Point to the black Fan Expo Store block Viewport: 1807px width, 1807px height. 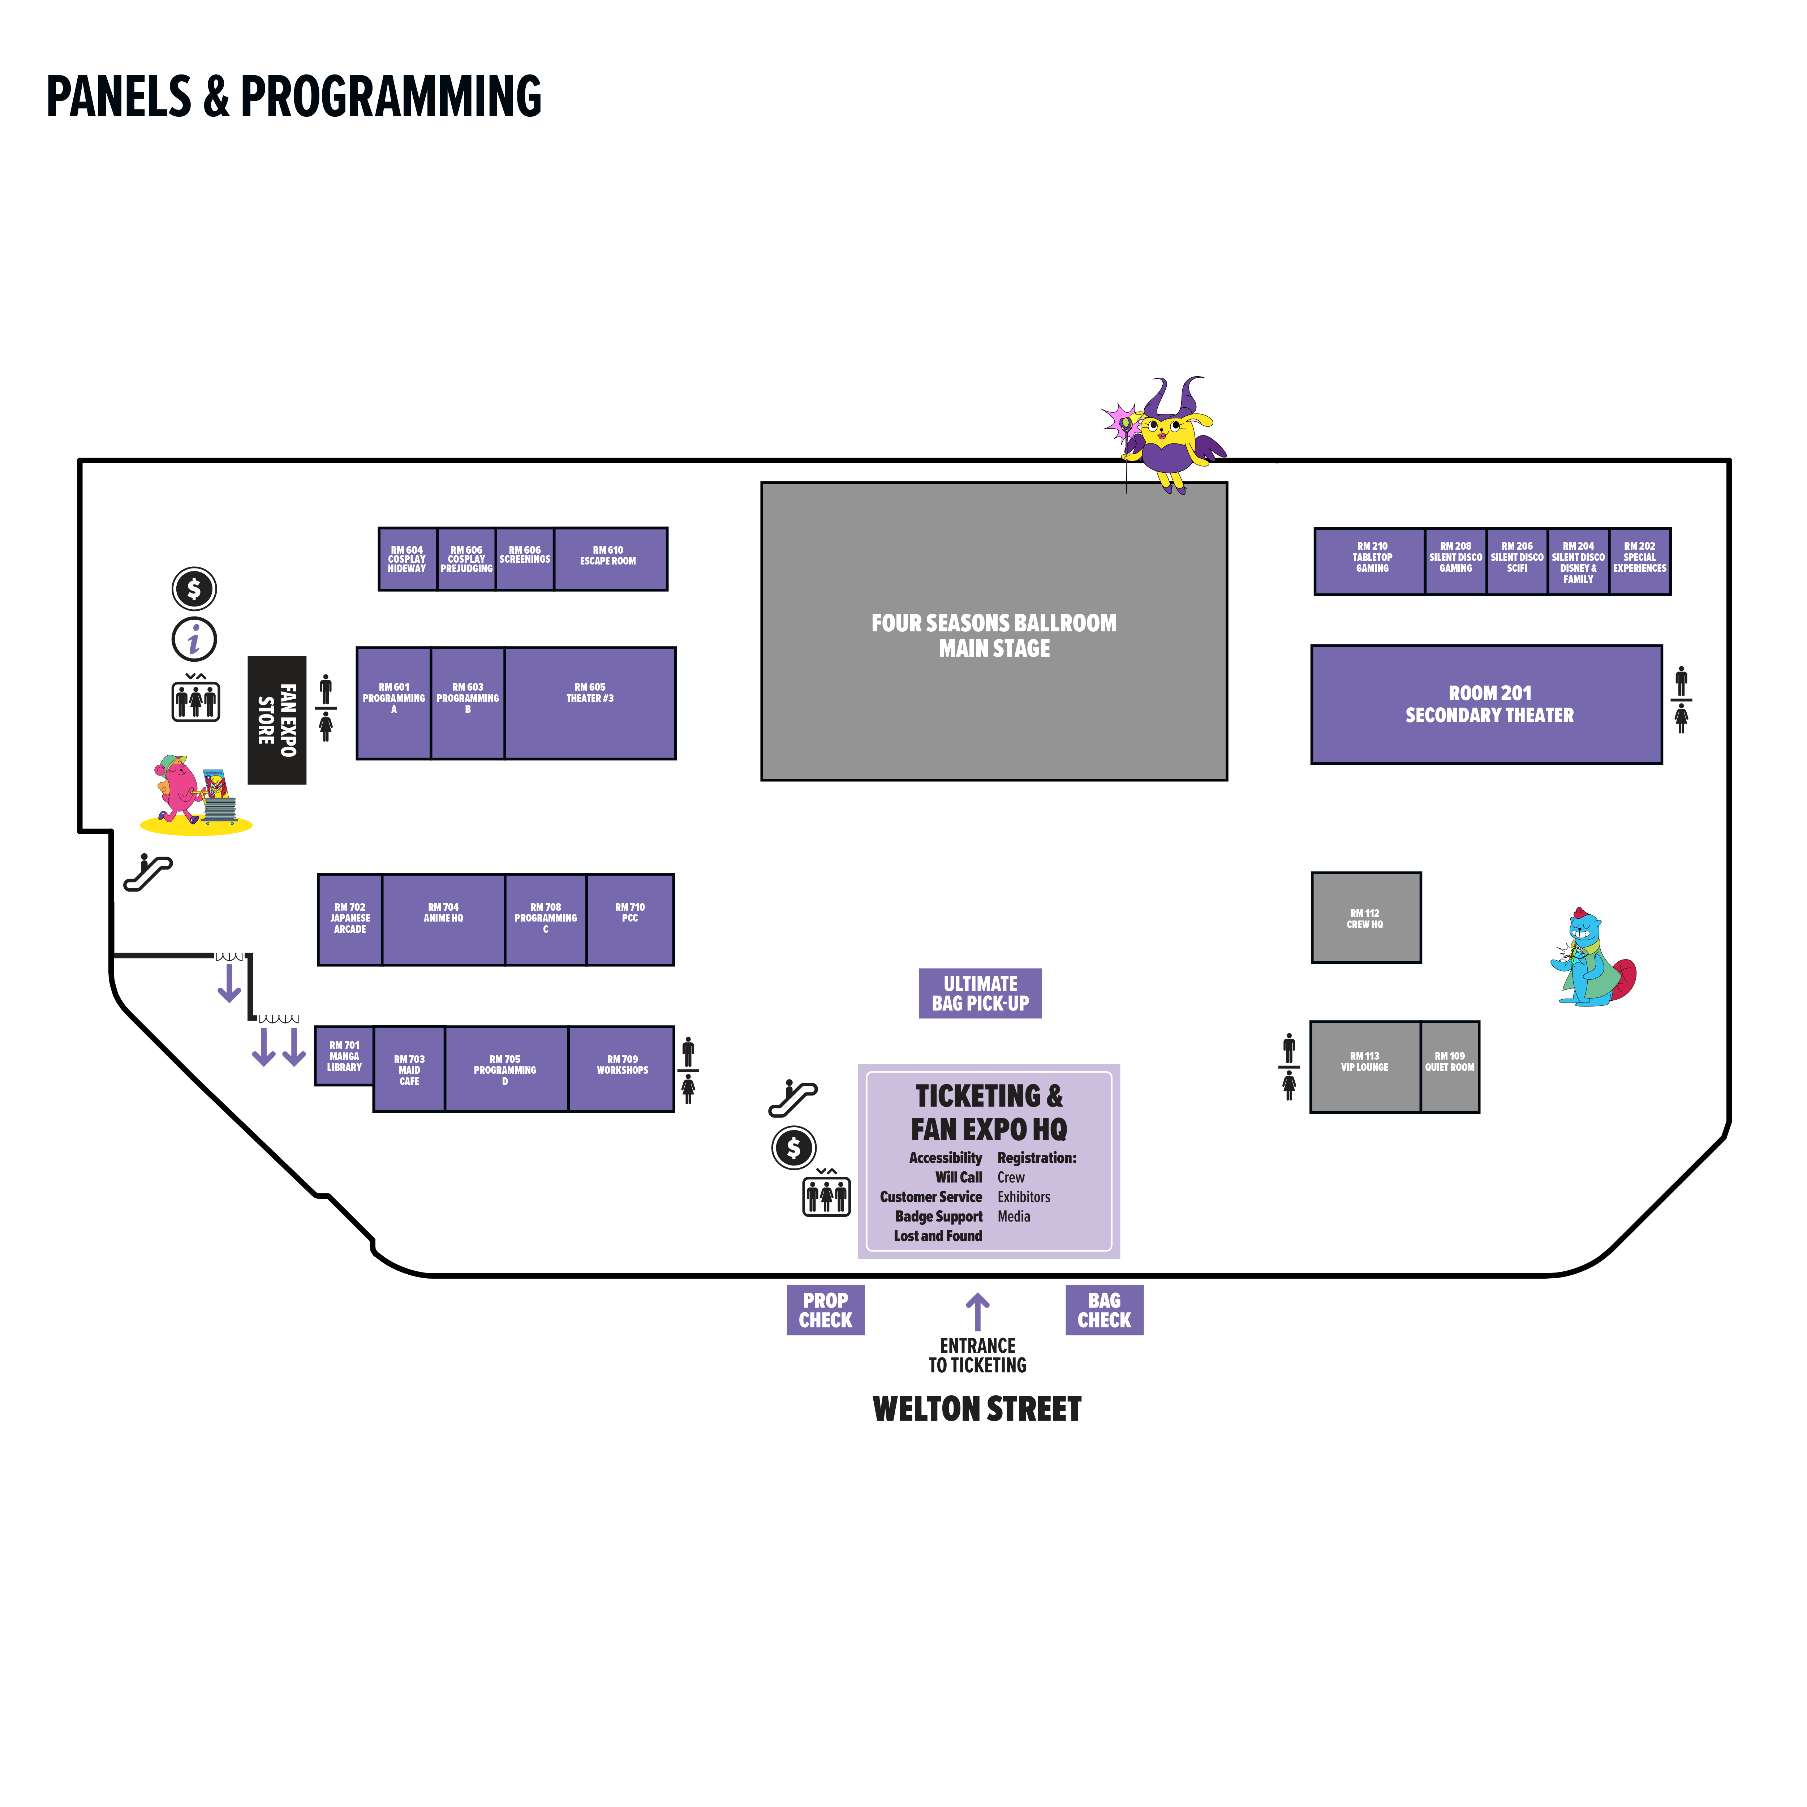[277, 720]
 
